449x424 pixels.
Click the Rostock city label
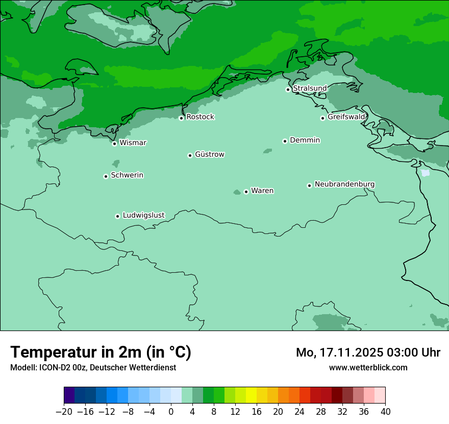pos(200,117)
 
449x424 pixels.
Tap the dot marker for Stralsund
pos(288,89)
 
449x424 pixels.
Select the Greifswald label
pos(346,117)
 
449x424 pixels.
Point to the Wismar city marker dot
pos(114,144)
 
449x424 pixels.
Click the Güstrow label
pos(209,154)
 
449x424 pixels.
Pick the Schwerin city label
pos(127,175)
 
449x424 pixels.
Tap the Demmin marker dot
pos(285,141)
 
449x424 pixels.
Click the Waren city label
pos(262,191)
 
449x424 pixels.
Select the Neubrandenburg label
pos(344,184)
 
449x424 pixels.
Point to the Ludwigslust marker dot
pos(117,216)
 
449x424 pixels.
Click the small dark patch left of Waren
pos(237,192)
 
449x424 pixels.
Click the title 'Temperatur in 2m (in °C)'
pos(101,352)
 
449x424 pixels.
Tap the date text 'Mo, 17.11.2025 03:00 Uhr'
pos(368,352)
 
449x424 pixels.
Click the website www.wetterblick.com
pos(368,367)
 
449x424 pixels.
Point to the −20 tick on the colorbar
pos(64,411)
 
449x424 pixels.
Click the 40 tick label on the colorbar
pos(385,411)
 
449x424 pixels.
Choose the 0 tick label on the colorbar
pos(171,411)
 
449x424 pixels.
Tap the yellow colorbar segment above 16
pos(251,395)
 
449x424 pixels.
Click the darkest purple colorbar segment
pos(69,395)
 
